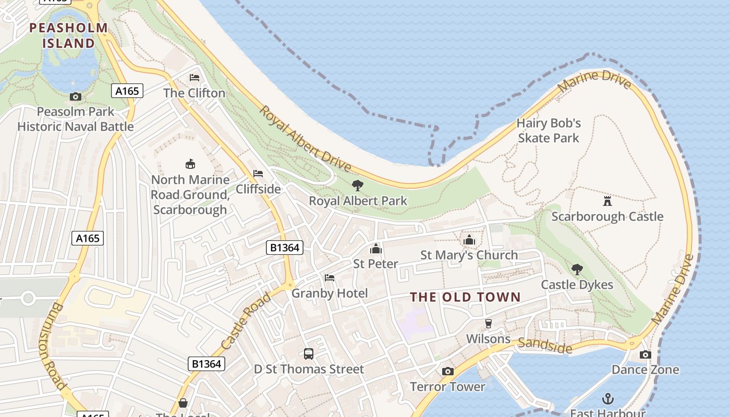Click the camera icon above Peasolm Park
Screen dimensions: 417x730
(x=76, y=96)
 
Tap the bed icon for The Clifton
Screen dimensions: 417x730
(x=194, y=78)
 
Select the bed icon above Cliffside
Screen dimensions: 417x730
(x=258, y=174)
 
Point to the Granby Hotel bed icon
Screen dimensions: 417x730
(x=329, y=278)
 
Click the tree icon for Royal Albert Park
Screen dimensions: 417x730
(x=357, y=185)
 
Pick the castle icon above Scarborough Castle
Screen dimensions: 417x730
(x=607, y=201)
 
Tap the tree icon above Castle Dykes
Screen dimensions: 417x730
(x=577, y=269)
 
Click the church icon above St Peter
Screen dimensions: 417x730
(x=375, y=249)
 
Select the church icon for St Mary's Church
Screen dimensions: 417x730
(x=469, y=240)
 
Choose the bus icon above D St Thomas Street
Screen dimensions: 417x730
(x=309, y=354)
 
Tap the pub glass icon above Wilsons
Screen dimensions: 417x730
(x=489, y=324)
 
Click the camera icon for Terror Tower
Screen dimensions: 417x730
(x=447, y=372)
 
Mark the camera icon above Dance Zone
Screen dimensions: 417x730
(x=646, y=355)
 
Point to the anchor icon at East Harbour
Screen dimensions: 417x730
(x=607, y=399)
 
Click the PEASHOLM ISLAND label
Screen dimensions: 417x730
(x=69, y=35)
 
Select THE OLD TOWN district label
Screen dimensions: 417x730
(x=465, y=297)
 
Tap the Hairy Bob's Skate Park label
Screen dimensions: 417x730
(x=549, y=130)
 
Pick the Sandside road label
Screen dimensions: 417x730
(x=545, y=346)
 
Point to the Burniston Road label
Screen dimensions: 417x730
(x=53, y=346)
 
